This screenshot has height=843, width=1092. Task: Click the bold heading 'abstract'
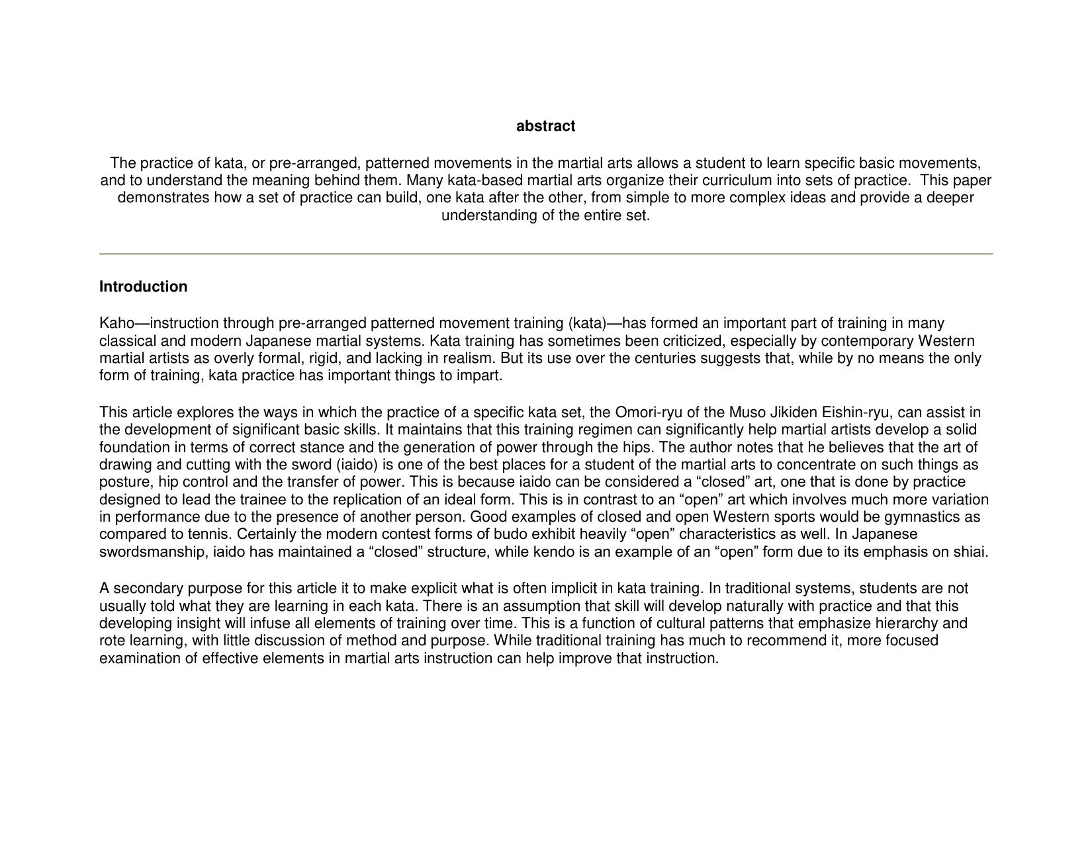pos(545,126)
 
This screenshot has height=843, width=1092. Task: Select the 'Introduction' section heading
pos(143,287)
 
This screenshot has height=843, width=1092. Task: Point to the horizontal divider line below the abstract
pos(545,253)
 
